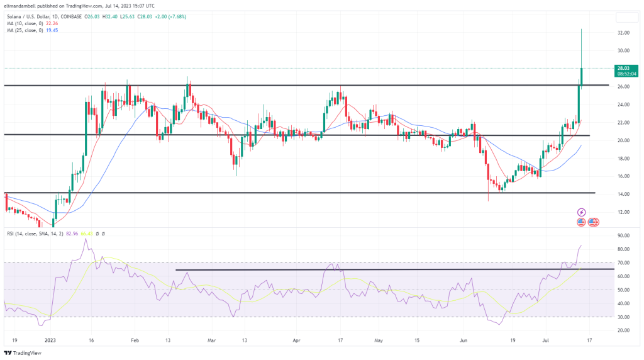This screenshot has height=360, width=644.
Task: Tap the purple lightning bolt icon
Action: [x=582, y=212]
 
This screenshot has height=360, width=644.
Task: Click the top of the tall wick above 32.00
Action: [x=581, y=29]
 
